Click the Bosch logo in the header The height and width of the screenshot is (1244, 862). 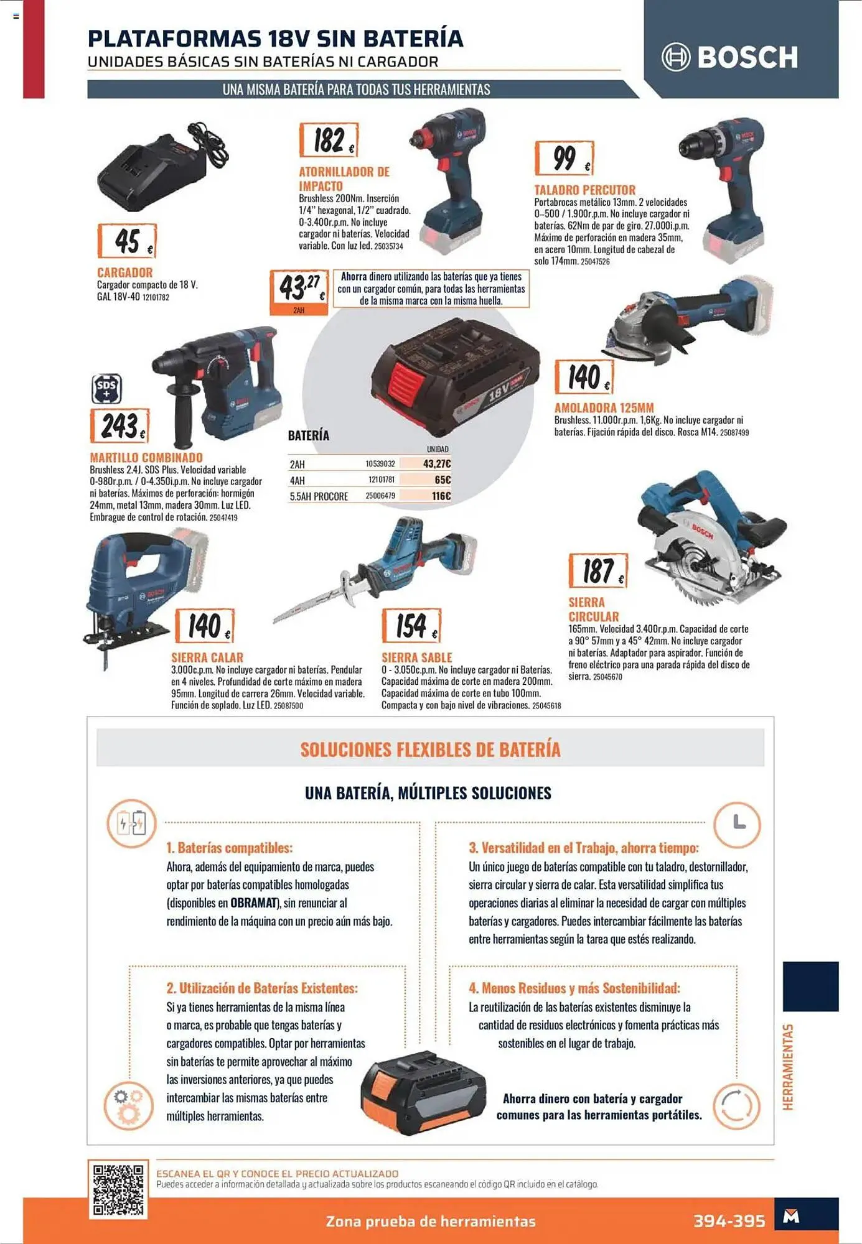click(x=729, y=57)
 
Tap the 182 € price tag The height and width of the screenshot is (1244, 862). click(x=329, y=140)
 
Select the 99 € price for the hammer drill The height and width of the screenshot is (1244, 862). click(x=565, y=158)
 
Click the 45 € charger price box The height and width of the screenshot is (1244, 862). click(x=127, y=241)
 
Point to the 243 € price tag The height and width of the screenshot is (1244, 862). click(x=120, y=426)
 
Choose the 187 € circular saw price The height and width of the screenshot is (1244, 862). click(x=598, y=570)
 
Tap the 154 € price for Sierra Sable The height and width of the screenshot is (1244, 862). click(x=411, y=626)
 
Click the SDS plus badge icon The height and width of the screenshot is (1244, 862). click(x=106, y=389)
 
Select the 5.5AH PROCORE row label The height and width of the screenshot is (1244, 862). click(x=319, y=496)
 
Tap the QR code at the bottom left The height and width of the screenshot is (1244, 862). click(x=118, y=1190)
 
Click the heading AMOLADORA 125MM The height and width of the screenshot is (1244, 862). click(x=604, y=408)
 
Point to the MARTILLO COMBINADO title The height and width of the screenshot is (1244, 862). click(x=146, y=458)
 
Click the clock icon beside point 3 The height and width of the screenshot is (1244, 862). click(x=737, y=824)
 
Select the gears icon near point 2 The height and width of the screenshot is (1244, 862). click(x=128, y=1107)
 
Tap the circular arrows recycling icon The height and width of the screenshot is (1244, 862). click(x=737, y=1107)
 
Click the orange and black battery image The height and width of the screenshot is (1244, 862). click(x=423, y=1092)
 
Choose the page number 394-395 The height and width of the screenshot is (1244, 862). click(x=729, y=1221)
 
